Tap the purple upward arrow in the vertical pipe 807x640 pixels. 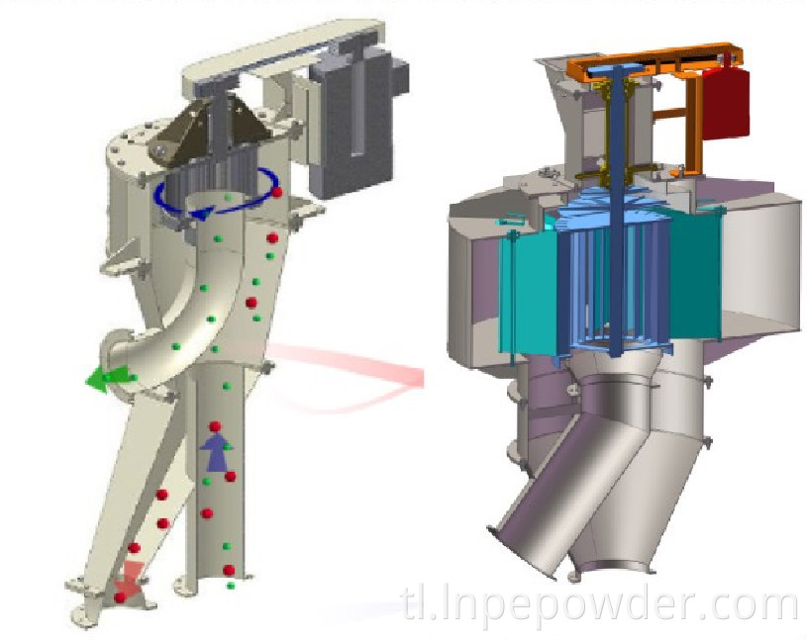215,453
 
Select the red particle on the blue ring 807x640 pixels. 278,192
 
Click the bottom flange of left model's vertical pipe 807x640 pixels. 213,592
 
